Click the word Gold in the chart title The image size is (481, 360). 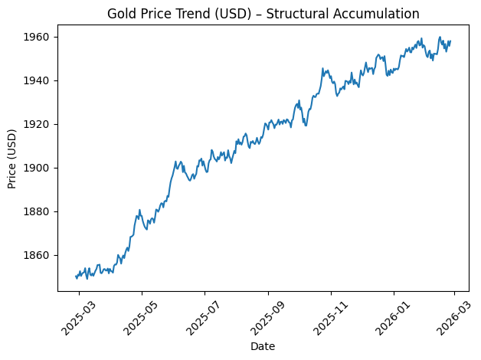(122, 14)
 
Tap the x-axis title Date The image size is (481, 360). (263, 346)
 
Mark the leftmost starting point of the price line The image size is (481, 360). (76, 277)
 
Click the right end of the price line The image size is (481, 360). (450, 41)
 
